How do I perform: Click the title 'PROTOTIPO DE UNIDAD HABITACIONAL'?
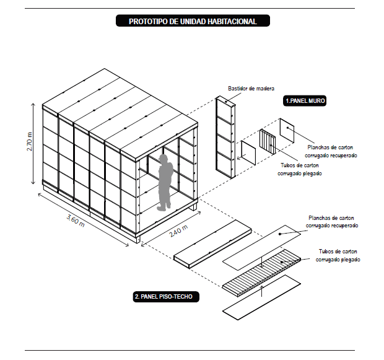coord(192,21)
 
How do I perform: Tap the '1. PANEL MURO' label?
coord(305,100)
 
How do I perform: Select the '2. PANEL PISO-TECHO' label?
coord(166,297)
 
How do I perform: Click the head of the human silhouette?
coord(164,159)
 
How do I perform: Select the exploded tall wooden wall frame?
coord(225,138)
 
